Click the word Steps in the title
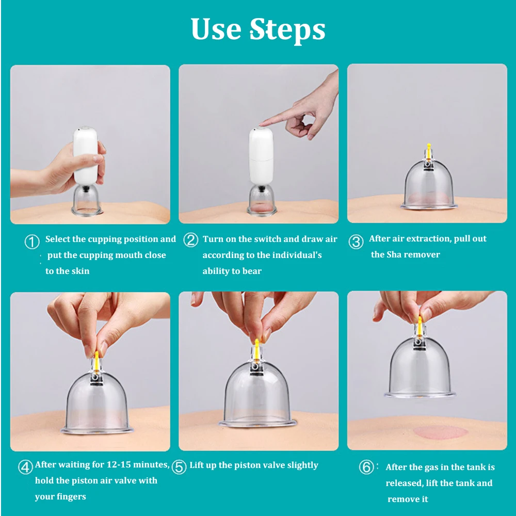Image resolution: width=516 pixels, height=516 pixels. (287, 29)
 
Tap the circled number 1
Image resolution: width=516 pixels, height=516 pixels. (32, 242)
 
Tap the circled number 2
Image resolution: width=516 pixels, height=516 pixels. (190, 240)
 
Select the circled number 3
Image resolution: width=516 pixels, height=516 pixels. (356, 241)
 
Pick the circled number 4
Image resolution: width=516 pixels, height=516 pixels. (25, 467)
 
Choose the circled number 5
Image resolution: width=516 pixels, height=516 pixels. (179, 467)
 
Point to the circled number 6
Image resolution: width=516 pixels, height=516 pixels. (366, 467)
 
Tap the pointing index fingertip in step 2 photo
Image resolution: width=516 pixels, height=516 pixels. (261, 124)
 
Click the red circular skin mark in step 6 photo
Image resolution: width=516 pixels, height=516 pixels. (440, 432)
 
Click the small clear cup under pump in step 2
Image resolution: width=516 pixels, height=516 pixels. (261, 200)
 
